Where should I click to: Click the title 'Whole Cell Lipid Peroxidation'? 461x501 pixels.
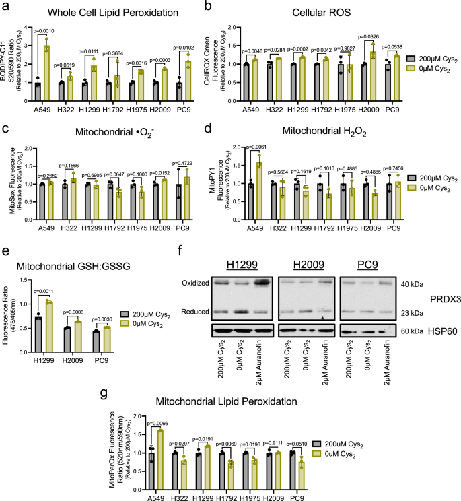tap(96, 12)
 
